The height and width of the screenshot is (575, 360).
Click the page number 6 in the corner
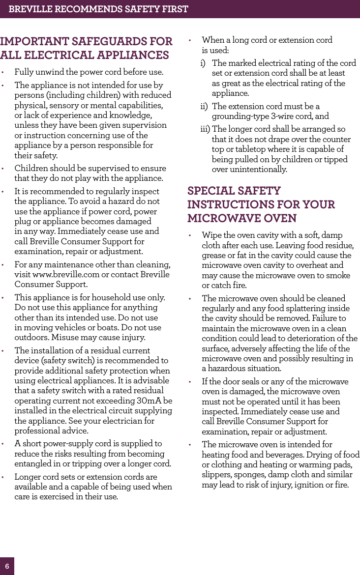pos(7,566)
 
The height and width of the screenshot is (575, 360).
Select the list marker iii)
pos(206,129)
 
